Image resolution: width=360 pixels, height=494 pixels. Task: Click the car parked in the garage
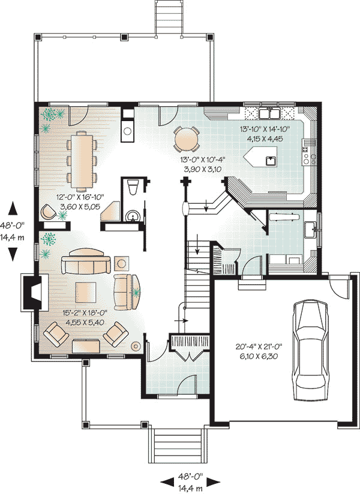pyautogui.click(x=310, y=350)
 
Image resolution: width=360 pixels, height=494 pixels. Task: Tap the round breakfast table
pyautogui.click(x=187, y=138)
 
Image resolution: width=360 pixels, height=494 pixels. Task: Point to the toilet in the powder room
pyautogui.click(x=133, y=187)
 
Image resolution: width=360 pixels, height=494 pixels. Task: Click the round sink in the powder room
pyautogui.click(x=133, y=216)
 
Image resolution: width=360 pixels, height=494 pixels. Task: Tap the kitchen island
pyautogui.click(x=260, y=156)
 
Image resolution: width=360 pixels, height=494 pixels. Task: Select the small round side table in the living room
pyautogui.click(x=136, y=347)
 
